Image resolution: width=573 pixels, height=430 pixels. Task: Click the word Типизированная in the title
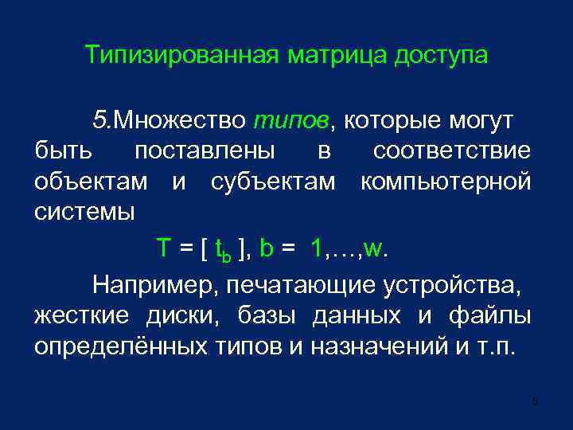coord(181,57)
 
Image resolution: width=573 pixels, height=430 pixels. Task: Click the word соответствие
coord(451,151)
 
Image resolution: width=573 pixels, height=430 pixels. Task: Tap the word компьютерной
coord(446,182)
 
